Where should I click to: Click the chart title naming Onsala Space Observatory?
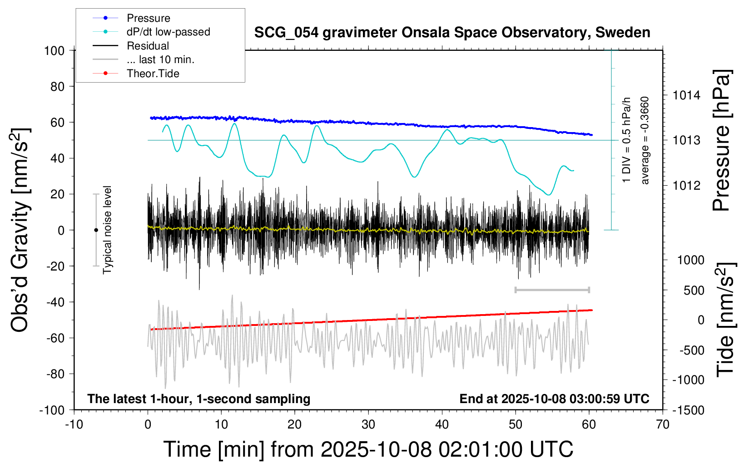pyautogui.click(x=452, y=33)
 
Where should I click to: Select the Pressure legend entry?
pyautogui.click(x=148, y=18)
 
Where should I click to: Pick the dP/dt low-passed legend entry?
pyautogui.click(x=168, y=32)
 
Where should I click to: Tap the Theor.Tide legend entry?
pyautogui.click(x=153, y=74)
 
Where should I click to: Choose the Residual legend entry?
pyautogui.click(x=148, y=46)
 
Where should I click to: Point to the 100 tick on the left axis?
pyautogui.click(x=54, y=50)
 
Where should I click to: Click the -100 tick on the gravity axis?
pyautogui.click(x=52, y=410)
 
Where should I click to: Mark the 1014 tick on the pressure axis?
pyautogui.click(x=686, y=95)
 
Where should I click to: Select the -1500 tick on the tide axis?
pyautogui.click(x=689, y=410)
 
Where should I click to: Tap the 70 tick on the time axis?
pyautogui.click(x=663, y=425)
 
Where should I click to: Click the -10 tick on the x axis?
pyautogui.click(x=74, y=425)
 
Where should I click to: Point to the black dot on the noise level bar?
pyautogui.click(x=96, y=230)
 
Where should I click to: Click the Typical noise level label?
pyautogui.click(x=107, y=230)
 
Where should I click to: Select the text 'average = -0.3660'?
pyautogui.click(x=645, y=140)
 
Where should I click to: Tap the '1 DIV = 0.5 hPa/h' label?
pyautogui.click(x=627, y=140)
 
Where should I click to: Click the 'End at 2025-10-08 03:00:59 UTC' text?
pyautogui.click(x=554, y=399)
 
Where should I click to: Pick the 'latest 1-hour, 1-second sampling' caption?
pyautogui.click(x=198, y=399)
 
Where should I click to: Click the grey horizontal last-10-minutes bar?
pyautogui.click(x=552, y=290)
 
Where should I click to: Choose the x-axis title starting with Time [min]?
pyautogui.click(x=368, y=449)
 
